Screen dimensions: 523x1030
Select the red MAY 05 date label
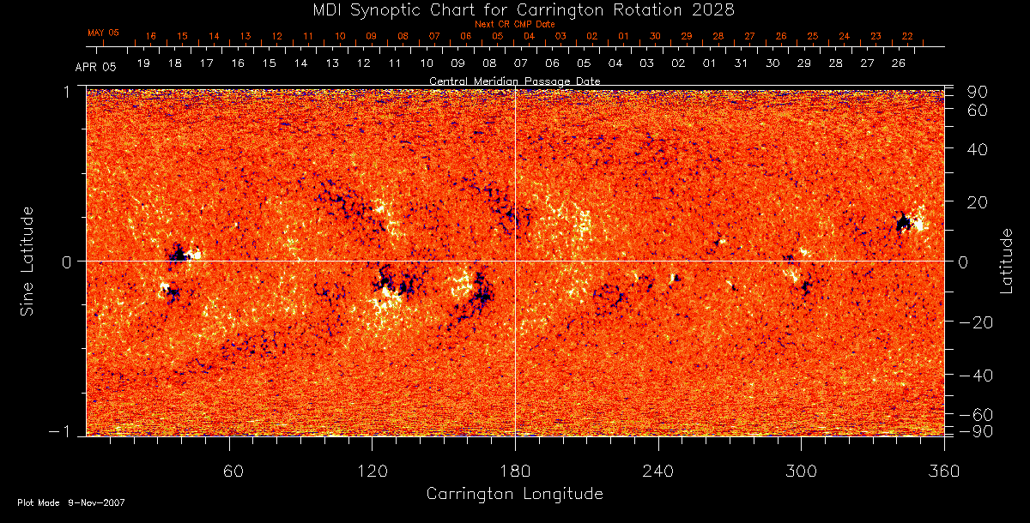tap(103, 33)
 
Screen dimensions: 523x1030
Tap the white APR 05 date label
tap(94, 65)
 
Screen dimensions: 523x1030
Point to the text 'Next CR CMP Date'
tap(515, 24)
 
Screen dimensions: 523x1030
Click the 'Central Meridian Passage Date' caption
tap(515, 81)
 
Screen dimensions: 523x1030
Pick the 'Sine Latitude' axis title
tap(29, 261)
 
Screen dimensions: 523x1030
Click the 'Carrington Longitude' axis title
tap(515, 494)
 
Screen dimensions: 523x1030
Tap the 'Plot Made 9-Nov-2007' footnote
tap(72, 502)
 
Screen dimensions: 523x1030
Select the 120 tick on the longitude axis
tap(372, 471)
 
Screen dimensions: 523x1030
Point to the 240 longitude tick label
tap(658, 471)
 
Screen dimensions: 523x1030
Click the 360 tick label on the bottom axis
tap(944, 471)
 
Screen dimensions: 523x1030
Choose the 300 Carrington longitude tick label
tap(801, 471)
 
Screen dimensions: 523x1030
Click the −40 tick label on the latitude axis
tap(976, 376)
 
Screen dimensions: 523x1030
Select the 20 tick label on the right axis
tap(979, 201)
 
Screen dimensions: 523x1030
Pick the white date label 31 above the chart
tap(741, 64)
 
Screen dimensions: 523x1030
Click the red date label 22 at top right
tap(907, 37)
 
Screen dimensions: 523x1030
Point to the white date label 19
tap(143, 64)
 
